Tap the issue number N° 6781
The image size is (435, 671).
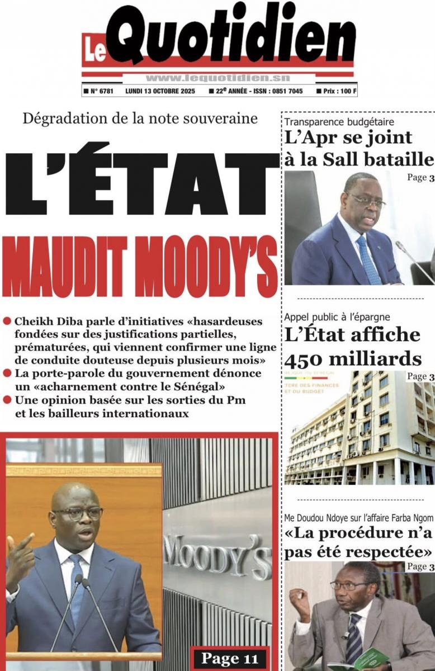pyautogui.click(x=101, y=91)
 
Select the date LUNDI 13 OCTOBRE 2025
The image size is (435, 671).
pyautogui.click(x=160, y=91)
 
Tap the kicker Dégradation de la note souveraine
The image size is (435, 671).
pyautogui.click(x=140, y=119)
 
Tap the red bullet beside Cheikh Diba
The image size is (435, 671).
pyautogui.click(x=7, y=321)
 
